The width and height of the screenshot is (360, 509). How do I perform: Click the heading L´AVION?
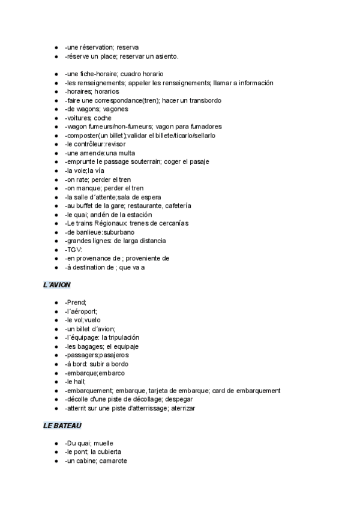(x=58, y=285)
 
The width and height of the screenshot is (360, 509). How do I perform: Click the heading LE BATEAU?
(x=62, y=426)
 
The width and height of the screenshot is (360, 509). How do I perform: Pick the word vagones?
(x=115, y=109)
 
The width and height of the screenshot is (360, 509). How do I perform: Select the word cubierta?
(x=113, y=451)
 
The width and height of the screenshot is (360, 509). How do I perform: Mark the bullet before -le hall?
(x=56, y=382)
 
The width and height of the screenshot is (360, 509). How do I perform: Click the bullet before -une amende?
(x=56, y=153)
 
